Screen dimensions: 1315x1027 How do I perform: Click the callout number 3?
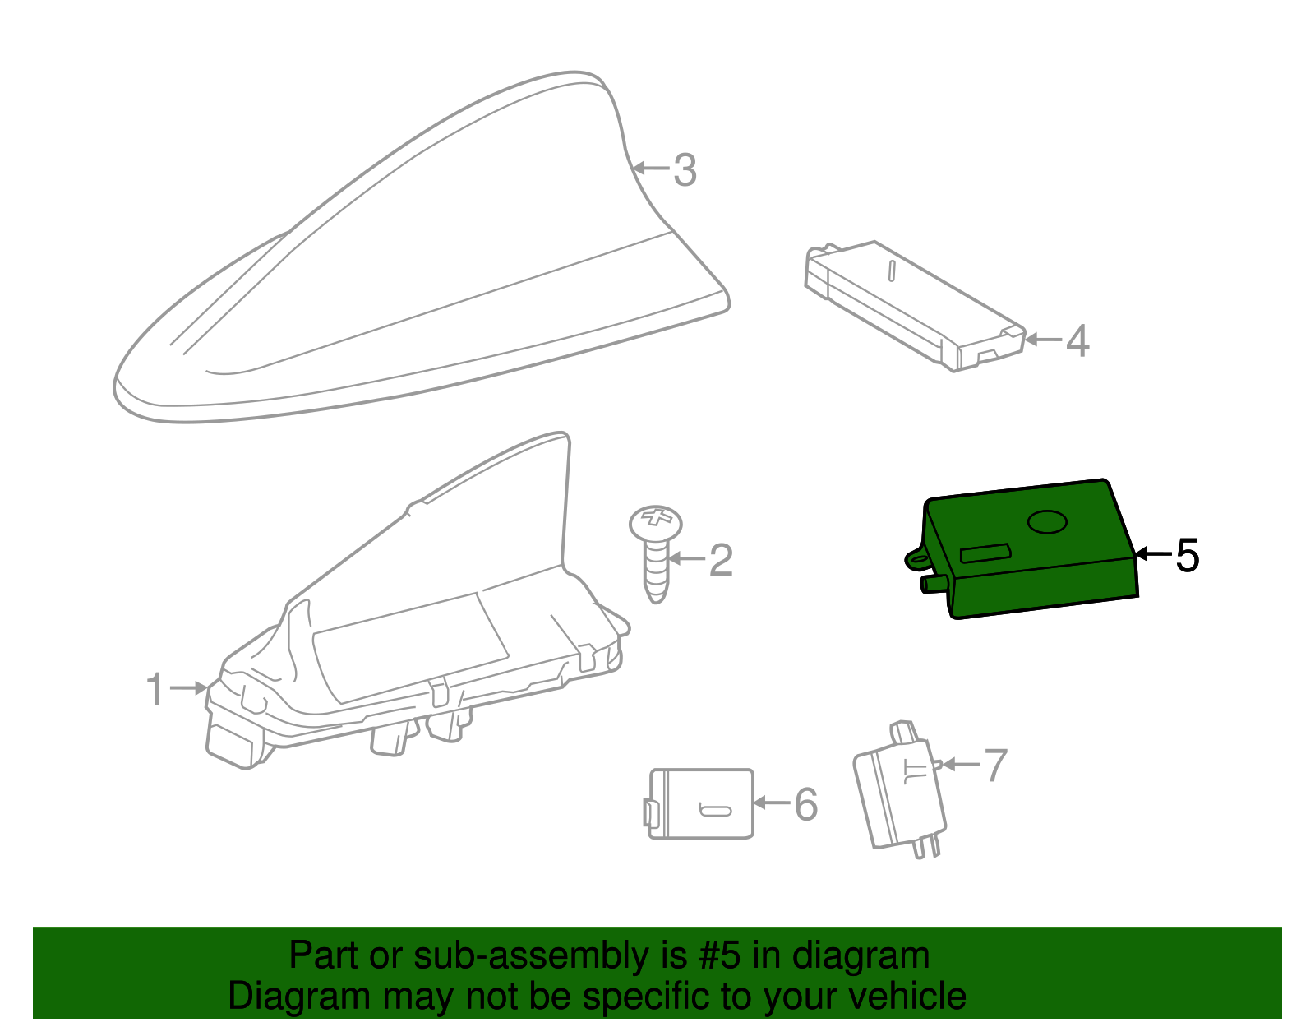tap(685, 170)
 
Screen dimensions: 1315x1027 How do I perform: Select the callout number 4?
tap(1077, 340)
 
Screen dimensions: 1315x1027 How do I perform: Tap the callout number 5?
tap(1187, 554)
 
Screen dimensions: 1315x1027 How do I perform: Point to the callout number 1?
tap(155, 688)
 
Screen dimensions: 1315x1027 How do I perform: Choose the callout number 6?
tap(806, 803)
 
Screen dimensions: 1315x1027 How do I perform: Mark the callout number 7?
tap(996, 765)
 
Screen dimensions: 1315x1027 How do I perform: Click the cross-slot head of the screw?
tap(656, 522)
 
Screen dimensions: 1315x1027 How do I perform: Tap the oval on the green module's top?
tap(1048, 521)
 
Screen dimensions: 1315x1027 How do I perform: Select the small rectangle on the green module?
tap(985, 553)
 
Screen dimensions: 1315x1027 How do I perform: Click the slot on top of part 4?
tap(892, 271)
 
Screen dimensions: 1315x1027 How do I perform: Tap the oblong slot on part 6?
tap(715, 811)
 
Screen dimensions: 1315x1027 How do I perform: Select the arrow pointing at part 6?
tap(773, 803)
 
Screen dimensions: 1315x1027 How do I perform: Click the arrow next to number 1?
tap(189, 688)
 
